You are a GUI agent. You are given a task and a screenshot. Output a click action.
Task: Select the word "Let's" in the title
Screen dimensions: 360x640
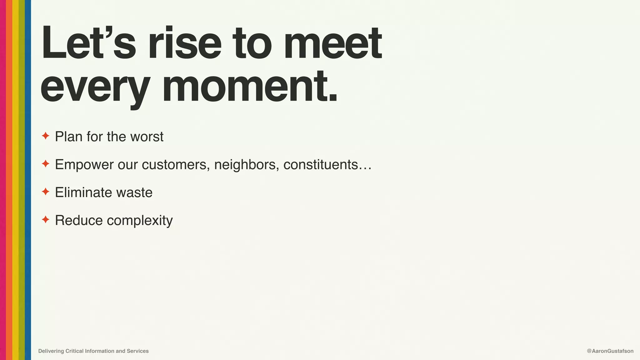tap(88, 43)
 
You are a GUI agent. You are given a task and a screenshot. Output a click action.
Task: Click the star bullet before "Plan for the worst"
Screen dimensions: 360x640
tap(46, 136)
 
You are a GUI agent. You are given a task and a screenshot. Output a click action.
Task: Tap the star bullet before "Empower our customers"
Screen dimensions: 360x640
tap(46, 164)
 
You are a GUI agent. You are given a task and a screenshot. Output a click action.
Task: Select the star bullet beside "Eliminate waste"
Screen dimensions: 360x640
tap(46, 192)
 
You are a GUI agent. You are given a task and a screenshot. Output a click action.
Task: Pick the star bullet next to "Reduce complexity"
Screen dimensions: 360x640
tap(46, 220)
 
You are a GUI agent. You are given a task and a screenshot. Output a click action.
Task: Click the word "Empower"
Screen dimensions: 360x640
tap(84, 165)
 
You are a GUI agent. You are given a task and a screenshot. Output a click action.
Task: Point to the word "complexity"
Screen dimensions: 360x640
tap(140, 221)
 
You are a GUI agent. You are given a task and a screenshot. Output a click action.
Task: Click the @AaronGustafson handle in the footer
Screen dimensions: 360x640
tap(610, 351)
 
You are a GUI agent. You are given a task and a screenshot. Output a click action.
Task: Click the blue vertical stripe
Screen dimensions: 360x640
tap(28, 180)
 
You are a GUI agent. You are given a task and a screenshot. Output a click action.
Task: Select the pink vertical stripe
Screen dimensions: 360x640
tap(3, 180)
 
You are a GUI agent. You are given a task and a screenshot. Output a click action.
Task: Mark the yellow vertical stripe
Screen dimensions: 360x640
tap(15, 180)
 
